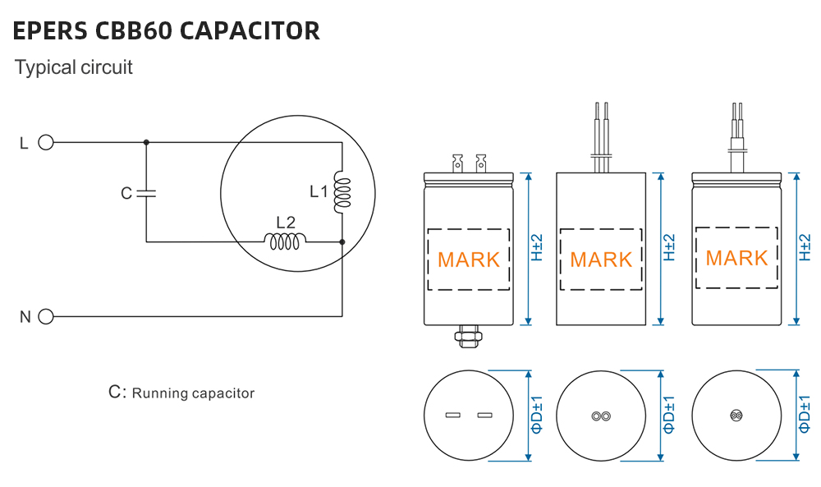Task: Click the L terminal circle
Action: click(x=46, y=143)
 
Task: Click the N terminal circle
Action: click(x=46, y=316)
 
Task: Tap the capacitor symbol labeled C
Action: click(x=146, y=194)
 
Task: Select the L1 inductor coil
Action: click(x=341, y=192)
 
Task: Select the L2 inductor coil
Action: click(x=285, y=241)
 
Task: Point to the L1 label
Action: click(x=319, y=192)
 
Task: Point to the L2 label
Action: click(x=285, y=222)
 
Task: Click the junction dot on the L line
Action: click(x=146, y=143)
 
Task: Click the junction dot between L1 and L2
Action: click(x=342, y=242)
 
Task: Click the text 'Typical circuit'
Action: click(x=73, y=67)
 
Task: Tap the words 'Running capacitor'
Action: click(x=193, y=393)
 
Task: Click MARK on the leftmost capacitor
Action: click(x=469, y=260)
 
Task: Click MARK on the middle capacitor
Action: click(x=601, y=260)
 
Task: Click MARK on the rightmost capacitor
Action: click(x=736, y=258)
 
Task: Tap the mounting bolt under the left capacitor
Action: click(x=468, y=336)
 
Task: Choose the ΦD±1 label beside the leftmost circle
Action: click(x=535, y=415)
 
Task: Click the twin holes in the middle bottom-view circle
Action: click(x=601, y=416)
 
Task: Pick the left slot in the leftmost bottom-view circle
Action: click(x=452, y=415)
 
